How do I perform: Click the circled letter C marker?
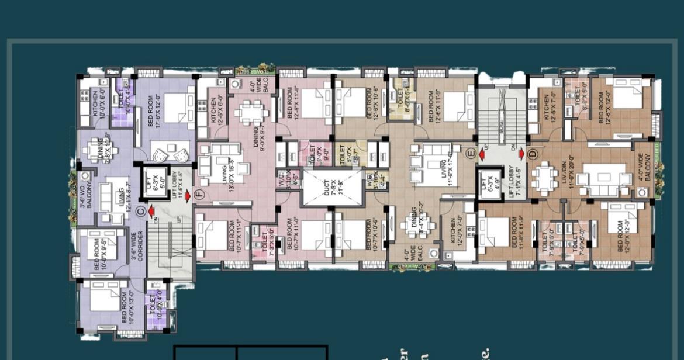point(140,211)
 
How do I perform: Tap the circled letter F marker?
point(199,195)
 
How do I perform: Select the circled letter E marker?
point(471,154)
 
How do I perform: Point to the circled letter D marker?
point(531,154)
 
